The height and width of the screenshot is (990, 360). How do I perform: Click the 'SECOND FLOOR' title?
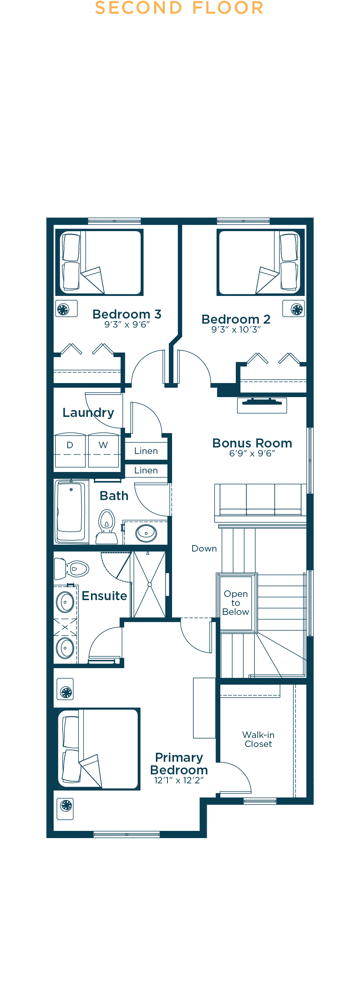point(179,8)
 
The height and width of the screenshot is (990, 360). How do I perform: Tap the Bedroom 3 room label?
point(127,314)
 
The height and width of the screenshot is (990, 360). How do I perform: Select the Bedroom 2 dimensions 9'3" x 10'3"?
point(236,329)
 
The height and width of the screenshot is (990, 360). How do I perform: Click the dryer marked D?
point(70,450)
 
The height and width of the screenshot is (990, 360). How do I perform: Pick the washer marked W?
point(103,450)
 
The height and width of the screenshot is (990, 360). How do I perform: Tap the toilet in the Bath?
point(107,527)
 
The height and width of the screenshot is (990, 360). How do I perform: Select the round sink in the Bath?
point(146,533)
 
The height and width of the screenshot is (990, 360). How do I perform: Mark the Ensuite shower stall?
point(149,584)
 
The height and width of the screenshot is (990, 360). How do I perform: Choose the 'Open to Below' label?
point(235,603)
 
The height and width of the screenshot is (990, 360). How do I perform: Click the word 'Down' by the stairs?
point(204,548)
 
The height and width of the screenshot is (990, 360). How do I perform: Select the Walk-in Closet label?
point(258,739)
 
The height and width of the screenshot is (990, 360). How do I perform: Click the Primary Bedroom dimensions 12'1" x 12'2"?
point(179,780)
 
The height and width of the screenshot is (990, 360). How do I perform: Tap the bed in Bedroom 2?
point(261,262)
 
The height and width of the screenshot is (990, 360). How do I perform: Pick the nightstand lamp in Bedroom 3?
point(67,309)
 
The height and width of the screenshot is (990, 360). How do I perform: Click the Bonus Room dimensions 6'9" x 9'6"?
point(252,454)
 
